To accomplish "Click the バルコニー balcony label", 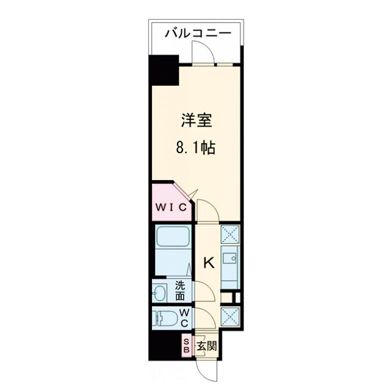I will point(197,32).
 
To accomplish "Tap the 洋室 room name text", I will point(197,121).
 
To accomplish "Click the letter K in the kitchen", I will point(208,263).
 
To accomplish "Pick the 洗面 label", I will point(181,290).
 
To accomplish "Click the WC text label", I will point(183,317).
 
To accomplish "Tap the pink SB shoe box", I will point(187,345).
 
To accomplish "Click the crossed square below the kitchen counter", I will point(232,317).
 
